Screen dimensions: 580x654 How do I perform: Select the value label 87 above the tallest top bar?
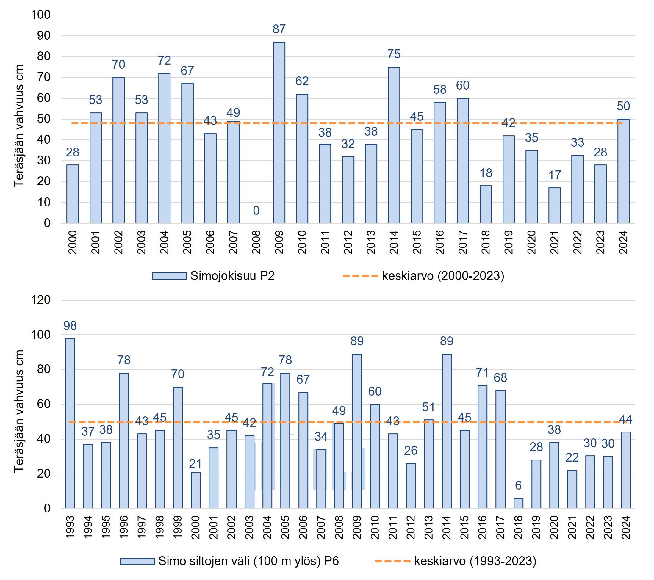[x=279, y=29]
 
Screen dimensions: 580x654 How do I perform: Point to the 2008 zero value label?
[x=256, y=211]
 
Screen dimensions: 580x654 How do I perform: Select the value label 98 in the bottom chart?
[x=70, y=326]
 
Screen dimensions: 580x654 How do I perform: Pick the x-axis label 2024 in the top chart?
[x=623, y=242]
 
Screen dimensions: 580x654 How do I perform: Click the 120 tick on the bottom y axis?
[x=41, y=300]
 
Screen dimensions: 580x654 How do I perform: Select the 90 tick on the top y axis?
[x=44, y=35]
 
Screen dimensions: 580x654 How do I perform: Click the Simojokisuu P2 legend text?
[x=232, y=276]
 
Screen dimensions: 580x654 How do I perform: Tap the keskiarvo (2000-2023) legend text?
[x=443, y=276]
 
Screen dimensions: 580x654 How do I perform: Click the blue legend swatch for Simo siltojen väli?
[x=137, y=562]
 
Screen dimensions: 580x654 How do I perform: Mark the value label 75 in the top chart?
[x=394, y=54]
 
